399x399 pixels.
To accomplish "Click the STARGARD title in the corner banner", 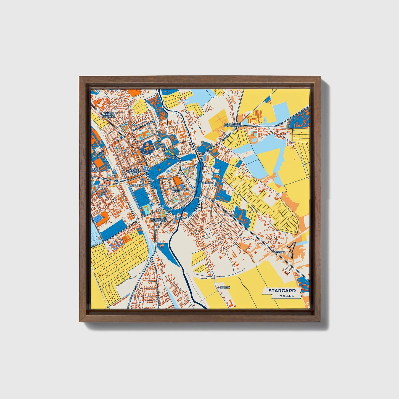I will pyautogui.click(x=282, y=291).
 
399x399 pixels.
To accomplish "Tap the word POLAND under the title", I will pyautogui.click(x=286, y=296).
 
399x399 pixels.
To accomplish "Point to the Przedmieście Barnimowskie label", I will pyautogui.click(x=233, y=125).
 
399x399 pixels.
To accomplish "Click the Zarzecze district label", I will pyautogui.click(x=207, y=183).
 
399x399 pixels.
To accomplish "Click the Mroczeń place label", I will pyautogui.click(x=224, y=287).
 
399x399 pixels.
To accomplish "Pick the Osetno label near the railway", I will pyautogui.click(x=280, y=252).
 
